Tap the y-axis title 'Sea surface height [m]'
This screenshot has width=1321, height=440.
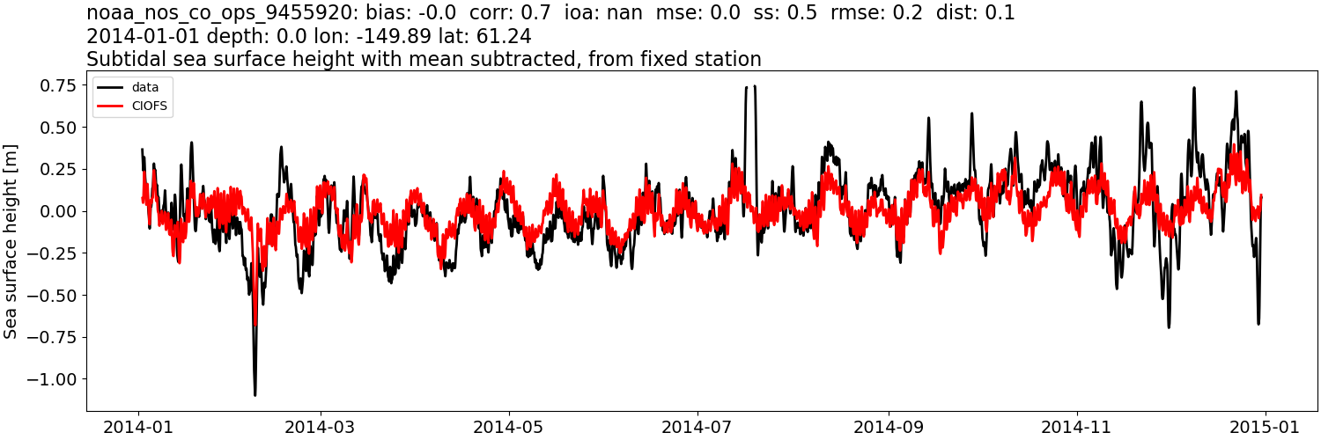tap(11, 241)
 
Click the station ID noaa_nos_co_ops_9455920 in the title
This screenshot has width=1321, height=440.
tap(230, 13)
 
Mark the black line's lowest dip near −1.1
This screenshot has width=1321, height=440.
tap(255, 394)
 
